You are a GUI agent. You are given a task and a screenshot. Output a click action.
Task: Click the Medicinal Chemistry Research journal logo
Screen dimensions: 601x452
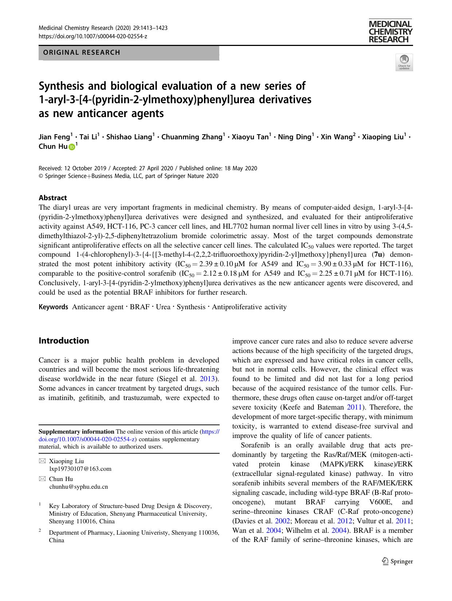coord(390,32)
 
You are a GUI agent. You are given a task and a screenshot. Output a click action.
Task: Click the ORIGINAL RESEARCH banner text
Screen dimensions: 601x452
coord(82,53)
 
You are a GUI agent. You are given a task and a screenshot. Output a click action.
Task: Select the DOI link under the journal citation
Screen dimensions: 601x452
coord(93,36)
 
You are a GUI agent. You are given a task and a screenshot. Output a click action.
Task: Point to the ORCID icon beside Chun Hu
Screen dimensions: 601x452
coord(71,147)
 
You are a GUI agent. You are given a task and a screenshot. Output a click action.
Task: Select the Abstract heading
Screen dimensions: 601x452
coord(53,198)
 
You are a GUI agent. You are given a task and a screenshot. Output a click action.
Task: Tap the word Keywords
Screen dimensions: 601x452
coord(53,307)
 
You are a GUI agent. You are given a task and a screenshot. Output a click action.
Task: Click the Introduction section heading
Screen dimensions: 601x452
coord(64,341)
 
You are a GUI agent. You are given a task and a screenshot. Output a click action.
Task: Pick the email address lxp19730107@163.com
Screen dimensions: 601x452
coord(80,469)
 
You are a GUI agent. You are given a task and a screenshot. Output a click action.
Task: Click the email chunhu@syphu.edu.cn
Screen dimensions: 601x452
coord(78,486)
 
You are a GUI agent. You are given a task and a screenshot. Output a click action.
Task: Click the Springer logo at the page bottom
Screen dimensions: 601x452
coord(397,562)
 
